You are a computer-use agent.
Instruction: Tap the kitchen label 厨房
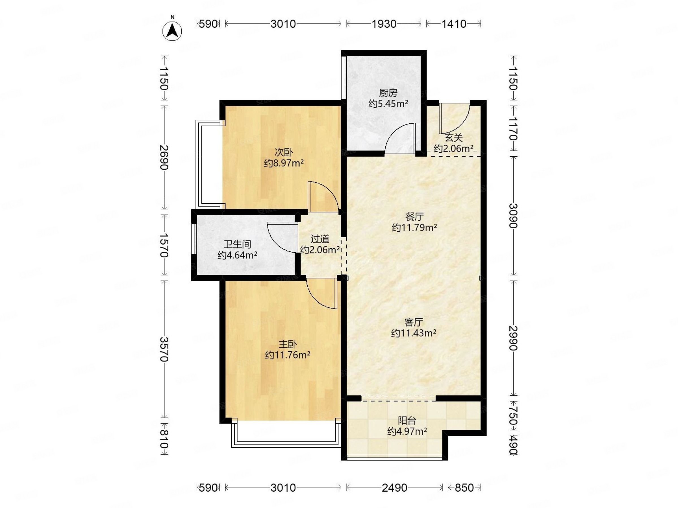click(388, 93)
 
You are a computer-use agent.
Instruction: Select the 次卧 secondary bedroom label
click(284, 152)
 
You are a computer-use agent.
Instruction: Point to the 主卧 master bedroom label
click(288, 344)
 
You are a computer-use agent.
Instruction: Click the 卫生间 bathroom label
click(237, 244)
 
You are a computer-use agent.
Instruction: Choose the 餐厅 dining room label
click(414, 217)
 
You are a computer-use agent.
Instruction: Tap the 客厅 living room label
click(414, 322)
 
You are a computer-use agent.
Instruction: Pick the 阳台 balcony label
click(407, 421)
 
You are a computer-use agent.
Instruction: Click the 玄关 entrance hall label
click(454, 138)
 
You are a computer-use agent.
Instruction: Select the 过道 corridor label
click(320, 239)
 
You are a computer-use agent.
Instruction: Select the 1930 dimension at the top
click(384, 24)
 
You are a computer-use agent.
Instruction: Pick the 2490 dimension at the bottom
click(394, 487)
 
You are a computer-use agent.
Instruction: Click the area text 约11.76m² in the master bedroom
click(288, 355)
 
